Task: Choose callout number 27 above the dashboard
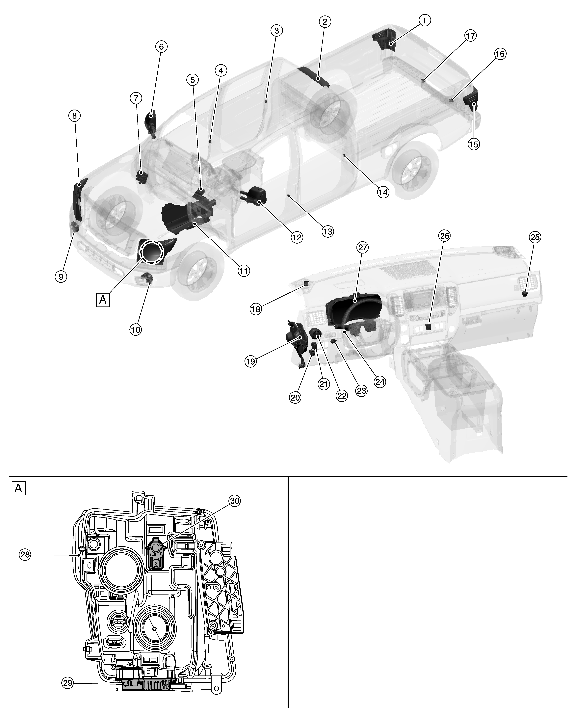[362, 247]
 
